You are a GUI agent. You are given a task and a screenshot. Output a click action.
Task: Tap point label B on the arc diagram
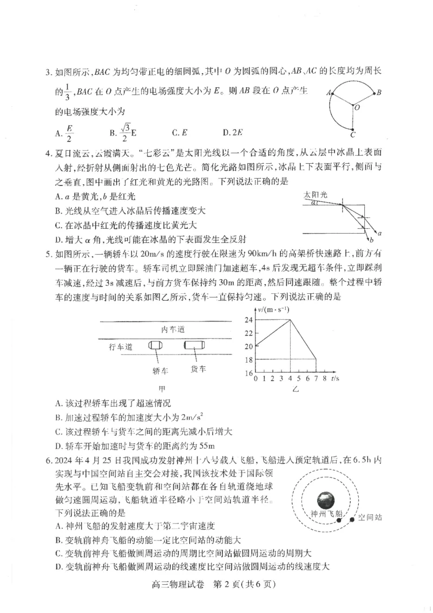(379, 93)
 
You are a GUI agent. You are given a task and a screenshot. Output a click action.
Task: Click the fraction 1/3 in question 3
(67, 93)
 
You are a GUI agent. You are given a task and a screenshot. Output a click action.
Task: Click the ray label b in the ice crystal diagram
(371, 239)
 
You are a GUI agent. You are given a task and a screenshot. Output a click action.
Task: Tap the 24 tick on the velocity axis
(248, 320)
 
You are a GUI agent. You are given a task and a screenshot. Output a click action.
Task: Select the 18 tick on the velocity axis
(248, 359)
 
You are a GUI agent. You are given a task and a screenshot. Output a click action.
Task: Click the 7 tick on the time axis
(314, 378)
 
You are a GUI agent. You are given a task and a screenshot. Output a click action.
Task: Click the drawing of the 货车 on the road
(193, 345)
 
